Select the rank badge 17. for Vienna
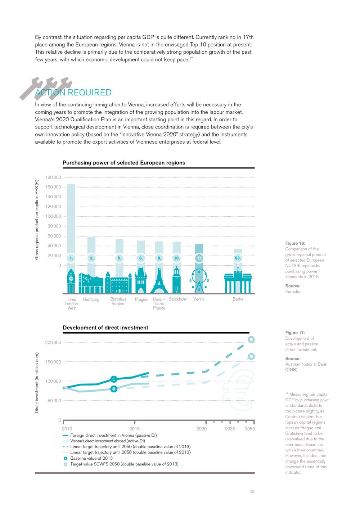pyautogui.click(x=199, y=258)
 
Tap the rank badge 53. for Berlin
pyautogui.click(x=238, y=258)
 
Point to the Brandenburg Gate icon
pyautogui.click(x=238, y=283)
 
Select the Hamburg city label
pyautogui.click(x=91, y=299)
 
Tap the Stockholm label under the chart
pyautogui.click(x=178, y=299)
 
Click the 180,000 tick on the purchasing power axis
pyautogui.click(x=53, y=177)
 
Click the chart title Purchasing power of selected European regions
pyautogui.click(x=124, y=163)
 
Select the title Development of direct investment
pyautogui.click(x=105, y=328)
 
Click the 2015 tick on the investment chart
pyautogui.click(x=134, y=429)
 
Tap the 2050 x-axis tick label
pyautogui.click(x=249, y=429)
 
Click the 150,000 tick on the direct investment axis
pyautogui.click(x=53, y=362)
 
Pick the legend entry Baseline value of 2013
pyautogui.click(x=91, y=458)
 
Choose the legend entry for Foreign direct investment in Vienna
pyautogui.click(x=113, y=435)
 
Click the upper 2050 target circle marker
pyautogui.click(x=251, y=339)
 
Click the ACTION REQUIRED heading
pyautogui.click(x=73, y=93)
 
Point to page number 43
pyautogui.click(x=252, y=491)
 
